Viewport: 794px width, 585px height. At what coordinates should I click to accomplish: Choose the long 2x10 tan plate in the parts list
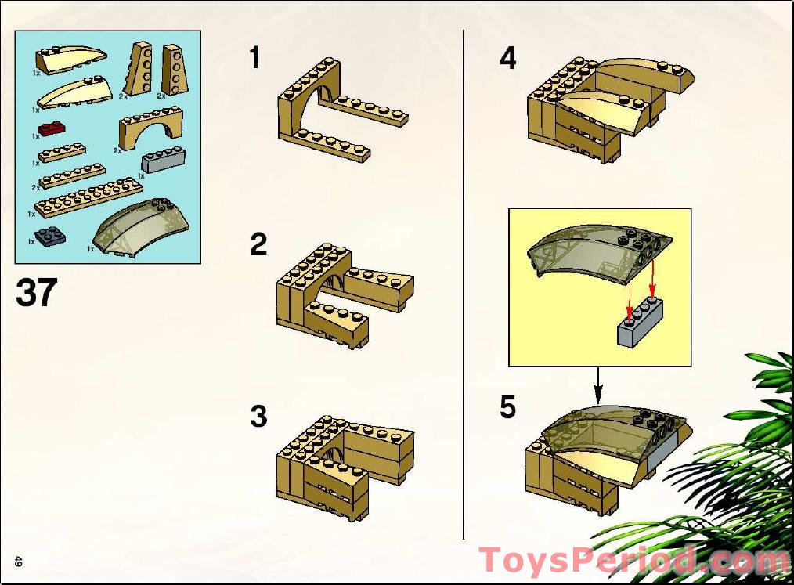[88, 197]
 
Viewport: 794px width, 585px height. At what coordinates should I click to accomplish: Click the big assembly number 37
[36, 292]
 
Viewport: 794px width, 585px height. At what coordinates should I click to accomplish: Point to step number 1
[254, 58]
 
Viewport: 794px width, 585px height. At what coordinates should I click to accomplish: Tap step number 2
[258, 244]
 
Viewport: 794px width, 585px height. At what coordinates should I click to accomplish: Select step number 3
[258, 416]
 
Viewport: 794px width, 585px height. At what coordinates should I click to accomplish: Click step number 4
[508, 58]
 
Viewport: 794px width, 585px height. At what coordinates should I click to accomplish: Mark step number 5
[508, 407]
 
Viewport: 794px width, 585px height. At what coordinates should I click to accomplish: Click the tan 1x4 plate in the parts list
[63, 152]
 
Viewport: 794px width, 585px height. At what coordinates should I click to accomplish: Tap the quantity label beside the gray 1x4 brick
[142, 177]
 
